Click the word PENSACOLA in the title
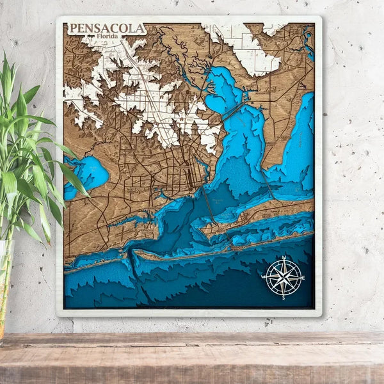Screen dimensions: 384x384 point(106,29)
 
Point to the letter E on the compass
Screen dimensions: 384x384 point(303,278)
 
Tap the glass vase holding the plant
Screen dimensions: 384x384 point(5,282)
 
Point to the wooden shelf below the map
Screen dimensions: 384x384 point(192,358)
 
